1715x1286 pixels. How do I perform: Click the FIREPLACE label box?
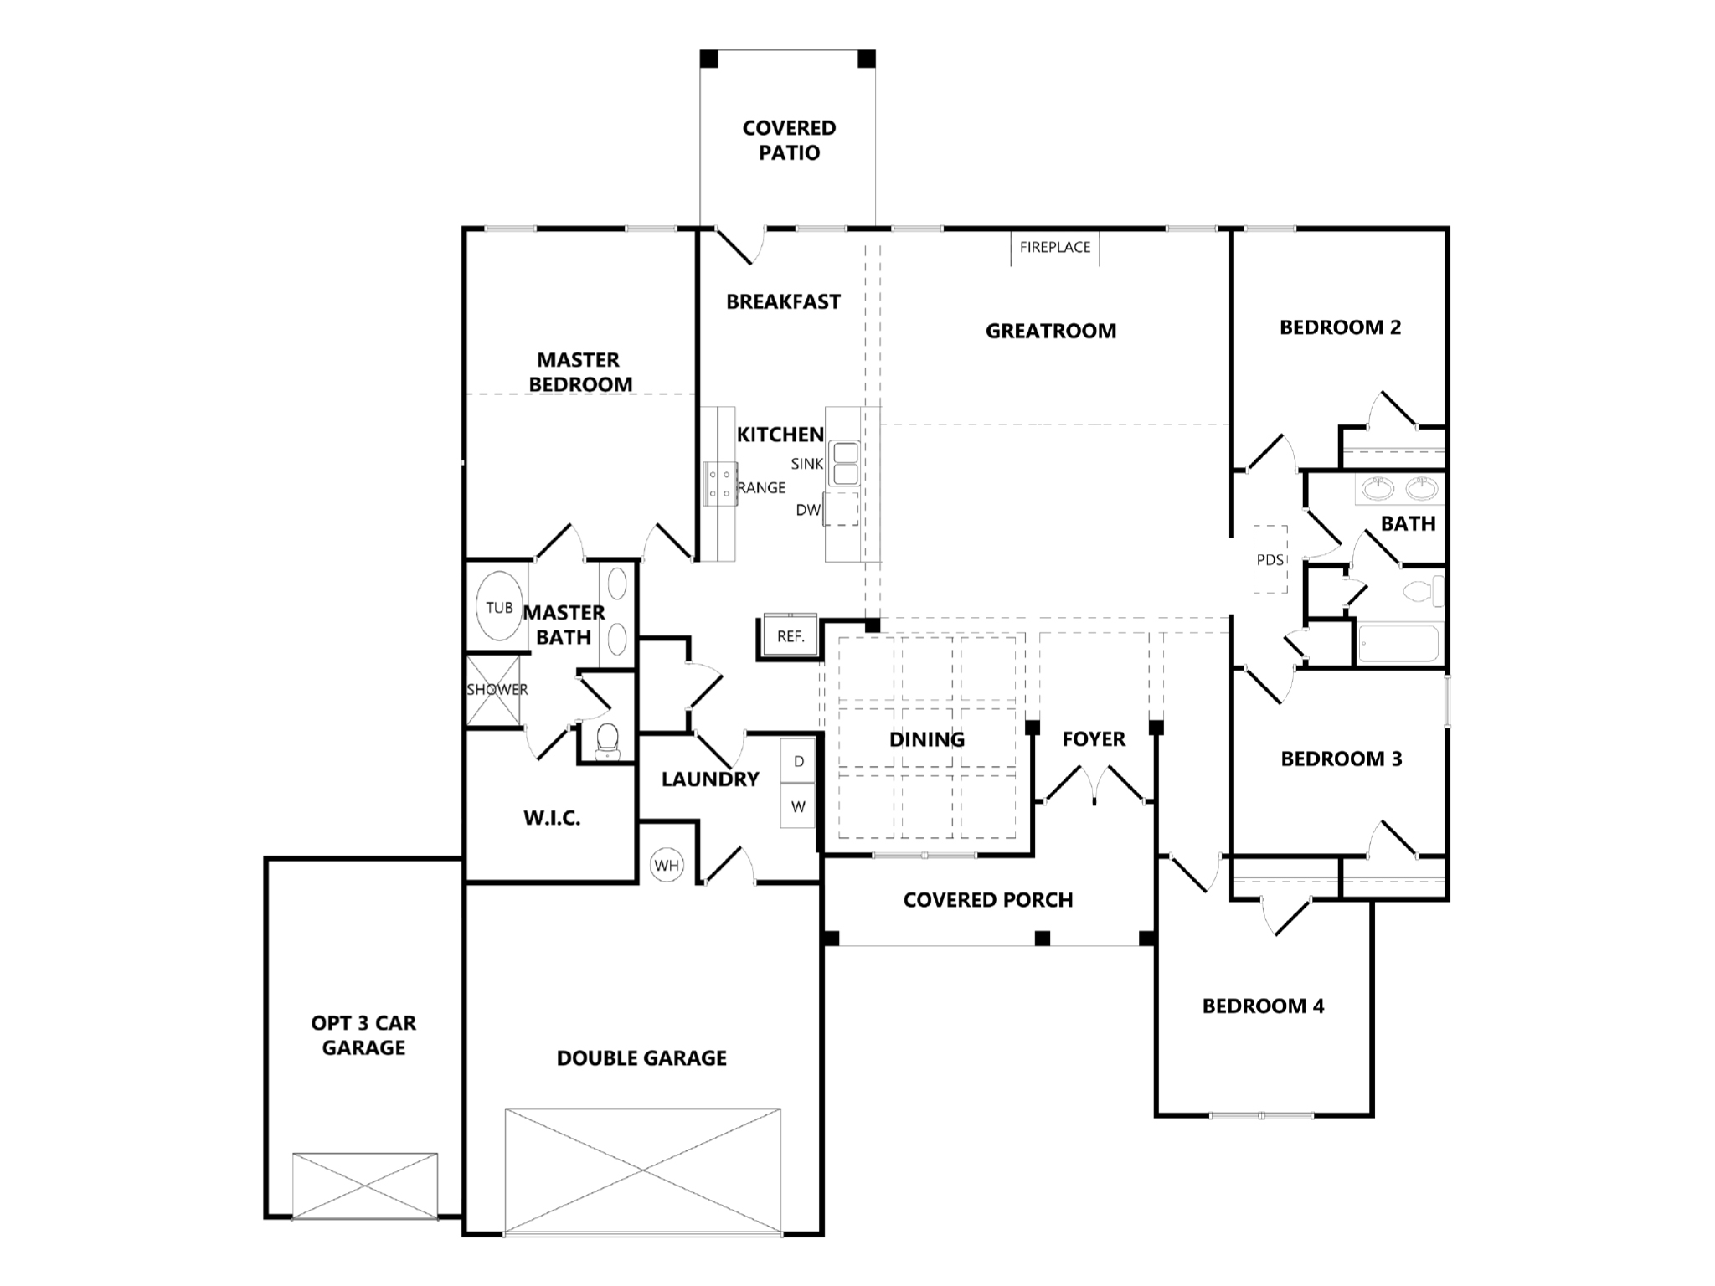pyautogui.click(x=1054, y=248)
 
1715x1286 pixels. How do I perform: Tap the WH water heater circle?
pyautogui.click(x=667, y=865)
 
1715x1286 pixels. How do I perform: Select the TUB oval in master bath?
pyautogui.click(x=498, y=607)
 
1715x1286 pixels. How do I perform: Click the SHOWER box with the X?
pyautogui.click(x=493, y=690)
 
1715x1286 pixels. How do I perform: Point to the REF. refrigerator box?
pyautogui.click(x=790, y=636)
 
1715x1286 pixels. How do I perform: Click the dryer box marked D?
pyautogui.click(x=798, y=761)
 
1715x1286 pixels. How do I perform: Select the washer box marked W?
pyautogui.click(x=798, y=807)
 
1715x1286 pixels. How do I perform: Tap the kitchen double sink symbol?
pyautogui.click(x=844, y=464)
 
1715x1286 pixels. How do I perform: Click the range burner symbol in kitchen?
pyautogui.click(x=719, y=484)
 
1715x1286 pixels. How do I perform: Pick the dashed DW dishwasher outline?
pyautogui.click(x=842, y=508)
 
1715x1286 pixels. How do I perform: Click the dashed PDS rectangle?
pyautogui.click(x=1270, y=559)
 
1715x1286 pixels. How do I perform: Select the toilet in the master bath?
pyautogui.click(x=606, y=740)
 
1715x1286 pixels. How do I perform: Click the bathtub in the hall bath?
pyautogui.click(x=1398, y=644)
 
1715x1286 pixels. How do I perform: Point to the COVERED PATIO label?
pyautogui.click(x=789, y=141)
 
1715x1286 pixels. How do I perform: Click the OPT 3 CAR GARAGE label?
pyautogui.click(x=363, y=1035)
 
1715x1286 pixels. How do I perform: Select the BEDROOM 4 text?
pyautogui.click(x=1263, y=1006)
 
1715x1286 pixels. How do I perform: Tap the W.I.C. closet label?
pyautogui.click(x=552, y=819)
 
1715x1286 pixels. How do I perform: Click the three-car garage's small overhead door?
pyautogui.click(x=365, y=1185)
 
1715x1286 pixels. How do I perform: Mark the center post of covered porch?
pyautogui.click(x=1042, y=939)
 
